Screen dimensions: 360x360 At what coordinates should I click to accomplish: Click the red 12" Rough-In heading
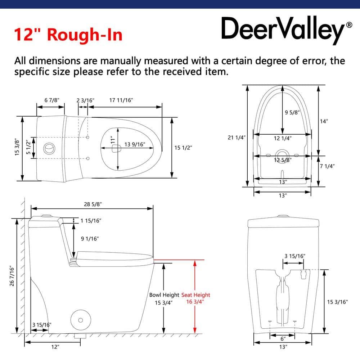(68, 35)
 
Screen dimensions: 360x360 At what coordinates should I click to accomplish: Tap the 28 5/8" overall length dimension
(93, 204)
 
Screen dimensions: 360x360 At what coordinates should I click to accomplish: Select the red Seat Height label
(195, 295)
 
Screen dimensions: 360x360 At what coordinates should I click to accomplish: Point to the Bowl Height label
(164, 295)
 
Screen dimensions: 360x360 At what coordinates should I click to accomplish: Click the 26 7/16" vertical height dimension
(12, 276)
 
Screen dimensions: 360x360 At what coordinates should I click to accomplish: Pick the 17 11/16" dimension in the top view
(121, 100)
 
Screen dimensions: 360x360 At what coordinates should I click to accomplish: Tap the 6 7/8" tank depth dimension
(51, 100)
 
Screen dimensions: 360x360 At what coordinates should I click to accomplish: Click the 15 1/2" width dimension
(183, 148)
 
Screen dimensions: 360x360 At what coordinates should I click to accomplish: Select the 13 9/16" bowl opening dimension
(135, 144)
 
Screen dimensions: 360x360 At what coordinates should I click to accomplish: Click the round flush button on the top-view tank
(49, 148)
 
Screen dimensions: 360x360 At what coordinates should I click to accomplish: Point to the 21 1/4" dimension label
(237, 138)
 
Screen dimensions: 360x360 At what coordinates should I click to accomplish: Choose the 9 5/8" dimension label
(292, 112)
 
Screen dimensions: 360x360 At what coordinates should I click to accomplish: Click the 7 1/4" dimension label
(327, 166)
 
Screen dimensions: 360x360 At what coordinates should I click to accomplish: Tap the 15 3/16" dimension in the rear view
(337, 302)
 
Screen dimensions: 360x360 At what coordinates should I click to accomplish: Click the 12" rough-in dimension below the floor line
(55, 347)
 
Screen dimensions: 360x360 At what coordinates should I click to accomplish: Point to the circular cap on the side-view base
(81, 320)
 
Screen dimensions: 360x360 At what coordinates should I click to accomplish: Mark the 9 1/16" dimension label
(90, 239)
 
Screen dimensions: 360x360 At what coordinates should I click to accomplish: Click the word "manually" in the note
(121, 61)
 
